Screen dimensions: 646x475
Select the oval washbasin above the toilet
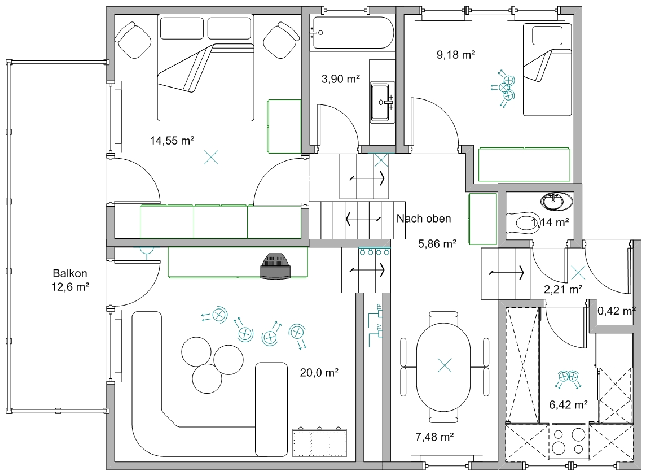click(557, 201)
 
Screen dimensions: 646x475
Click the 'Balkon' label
click(70, 273)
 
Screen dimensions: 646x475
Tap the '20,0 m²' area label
click(319, 373)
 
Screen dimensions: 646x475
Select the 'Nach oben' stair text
click(424, 219)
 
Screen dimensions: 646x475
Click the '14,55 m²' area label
click(172, 141)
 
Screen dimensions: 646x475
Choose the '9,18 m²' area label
click(456, 54)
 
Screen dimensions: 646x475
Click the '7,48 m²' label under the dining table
click(434, 437)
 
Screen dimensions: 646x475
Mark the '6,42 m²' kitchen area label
click(568, 404)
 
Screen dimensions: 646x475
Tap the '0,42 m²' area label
click(617, 311)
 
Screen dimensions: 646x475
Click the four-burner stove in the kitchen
click(569, 442)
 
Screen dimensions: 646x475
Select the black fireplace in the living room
click(275, 265)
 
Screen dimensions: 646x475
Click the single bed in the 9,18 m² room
click(547, 69)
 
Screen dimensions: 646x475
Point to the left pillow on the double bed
click(182, 28)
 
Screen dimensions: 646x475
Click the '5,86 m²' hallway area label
click(437, 243)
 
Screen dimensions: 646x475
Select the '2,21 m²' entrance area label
click(563, 289)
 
